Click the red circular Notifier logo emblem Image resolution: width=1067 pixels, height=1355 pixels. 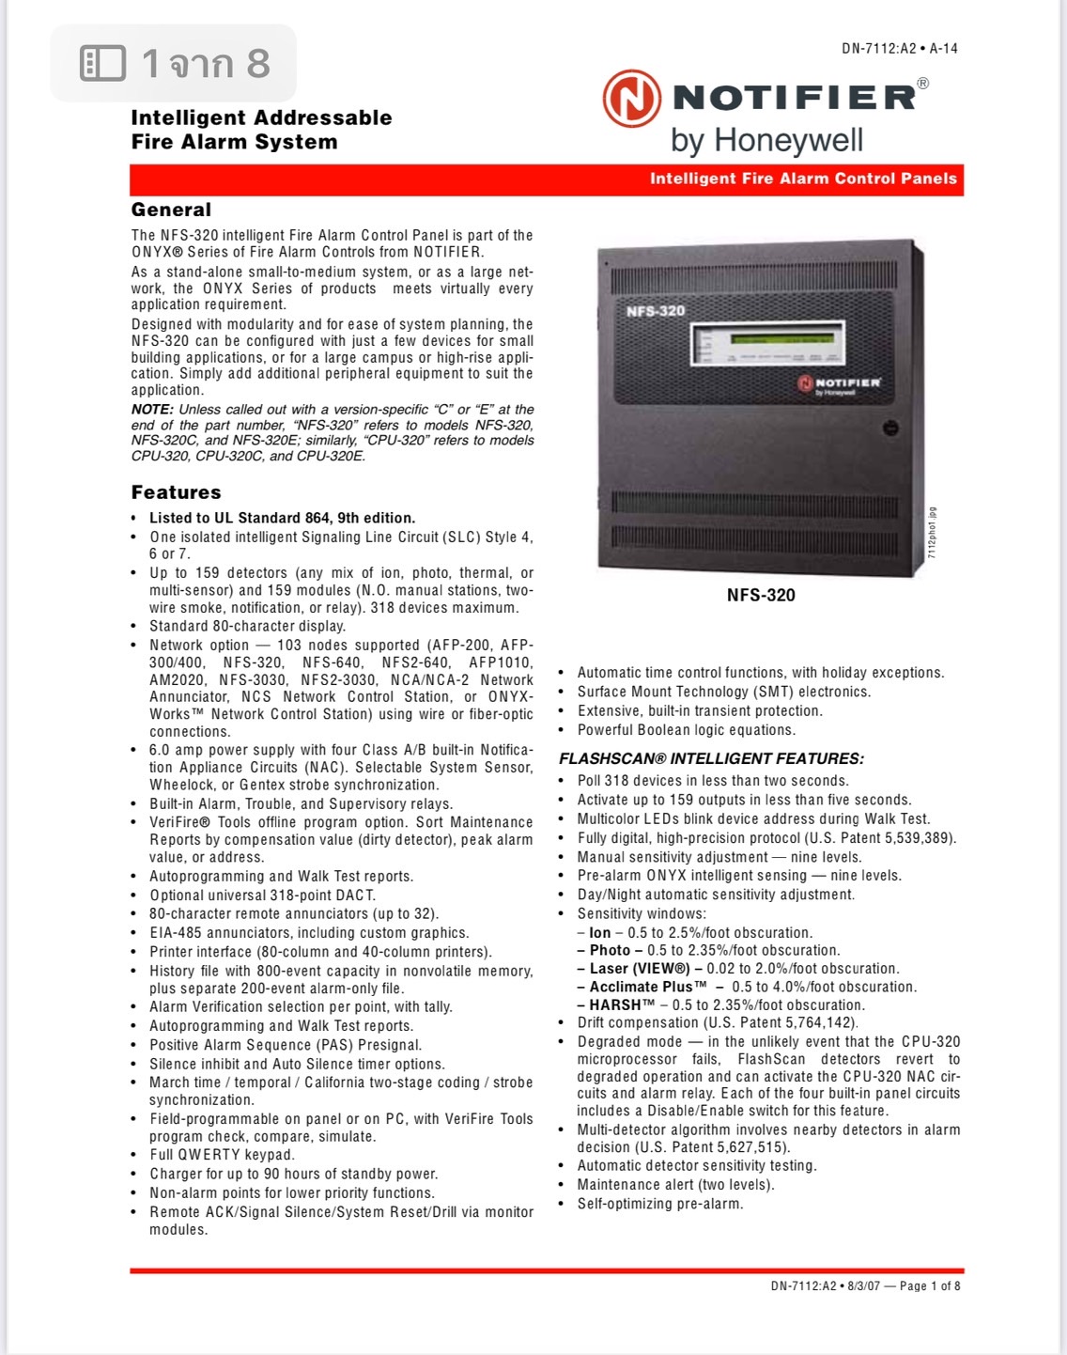(x=631, y=98)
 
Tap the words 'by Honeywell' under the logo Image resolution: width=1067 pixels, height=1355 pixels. (x=766, y=141)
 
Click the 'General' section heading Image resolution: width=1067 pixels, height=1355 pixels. (x=171, y=210)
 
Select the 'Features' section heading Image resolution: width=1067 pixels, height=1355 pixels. (x=176, y=492)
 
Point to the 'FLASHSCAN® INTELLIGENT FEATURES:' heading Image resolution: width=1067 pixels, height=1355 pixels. (x=711, y=758)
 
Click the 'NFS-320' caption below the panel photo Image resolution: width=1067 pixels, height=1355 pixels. (x=761, y=595)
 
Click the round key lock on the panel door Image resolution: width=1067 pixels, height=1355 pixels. (x=890, y=428)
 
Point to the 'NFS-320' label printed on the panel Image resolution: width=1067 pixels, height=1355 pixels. (x=656, y=310)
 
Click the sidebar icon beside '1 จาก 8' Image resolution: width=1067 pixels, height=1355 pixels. (x=103, y=63)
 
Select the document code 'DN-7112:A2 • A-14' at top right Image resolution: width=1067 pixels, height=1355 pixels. (x=899, y=49)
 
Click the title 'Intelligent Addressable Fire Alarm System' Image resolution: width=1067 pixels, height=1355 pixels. (x=261, y=130)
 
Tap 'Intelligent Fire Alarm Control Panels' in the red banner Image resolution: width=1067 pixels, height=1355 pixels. (x=803, y=179)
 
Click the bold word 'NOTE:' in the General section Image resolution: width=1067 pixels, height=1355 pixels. (x=152, y=410)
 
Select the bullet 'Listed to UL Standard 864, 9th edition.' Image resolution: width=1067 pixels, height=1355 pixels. (x=282, y=518)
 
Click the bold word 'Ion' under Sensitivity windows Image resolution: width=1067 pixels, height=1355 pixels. (x=599, y=933)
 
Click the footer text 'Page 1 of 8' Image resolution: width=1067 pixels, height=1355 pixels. (x=930, y=1285)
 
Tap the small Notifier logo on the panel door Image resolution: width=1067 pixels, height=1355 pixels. (x=839, y=384)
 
